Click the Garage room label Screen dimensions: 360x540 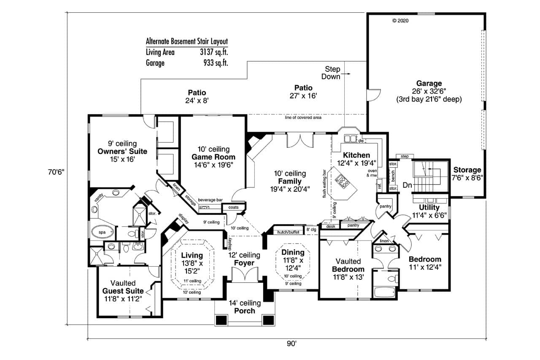pyautogui.click(x=429, y=84)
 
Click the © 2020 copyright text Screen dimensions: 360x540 pyautogui.click(x=400, y=20)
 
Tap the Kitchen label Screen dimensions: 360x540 pyautogui.click(x=356, y=155)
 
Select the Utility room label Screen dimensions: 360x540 pyautogui.click(x=429, y=208)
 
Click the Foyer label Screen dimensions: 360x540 pyautogui.click(x=244, y=263)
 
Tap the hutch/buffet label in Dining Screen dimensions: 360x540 pyautogui.click(x=288, y=232)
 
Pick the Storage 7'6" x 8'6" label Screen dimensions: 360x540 pyautogui.click(x=467, y=171)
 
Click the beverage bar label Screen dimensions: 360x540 pyautogui.click(x=211, y=200)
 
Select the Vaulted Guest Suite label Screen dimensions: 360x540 pyautogui.click(x=123, y=291)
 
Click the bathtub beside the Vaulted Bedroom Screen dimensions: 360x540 pyautogui.click(x=384, y=292)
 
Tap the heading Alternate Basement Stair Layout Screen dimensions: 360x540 pyautogui.click(x=186, y=41)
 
